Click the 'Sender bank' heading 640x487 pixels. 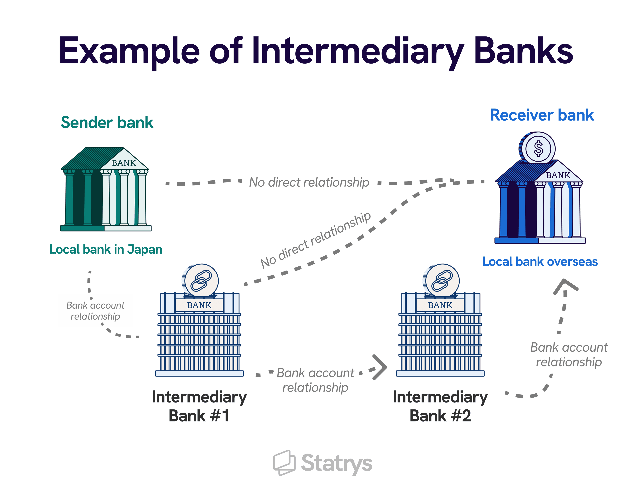pos(107,123)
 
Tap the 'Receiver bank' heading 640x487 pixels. pos(542,115)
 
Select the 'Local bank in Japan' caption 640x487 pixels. pos(106,249)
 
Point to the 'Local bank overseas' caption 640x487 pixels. pos(540,262)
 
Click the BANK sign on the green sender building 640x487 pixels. pos(124,163)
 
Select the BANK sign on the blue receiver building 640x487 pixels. pos(558,175)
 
